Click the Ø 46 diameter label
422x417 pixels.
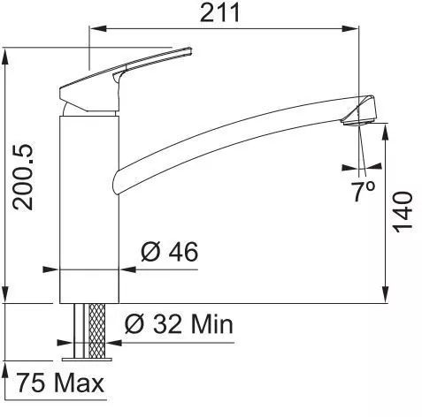(x=170, y=252)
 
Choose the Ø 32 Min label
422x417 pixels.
(x=179, y=324)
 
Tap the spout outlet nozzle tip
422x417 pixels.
(x=360, y=113)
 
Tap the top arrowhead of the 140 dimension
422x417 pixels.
(x=387, y=129)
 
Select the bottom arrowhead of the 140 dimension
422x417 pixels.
(x=387, y=297)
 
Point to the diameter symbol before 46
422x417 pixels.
(x=150, y=253)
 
